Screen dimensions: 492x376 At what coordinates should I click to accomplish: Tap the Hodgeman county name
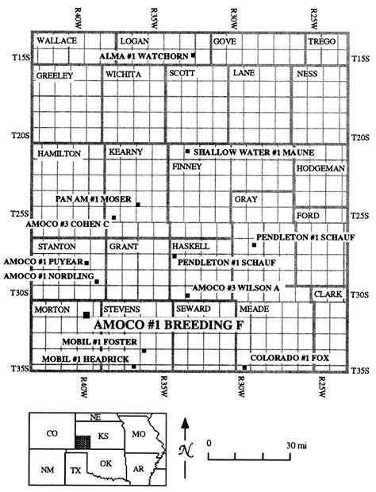pos(320,169)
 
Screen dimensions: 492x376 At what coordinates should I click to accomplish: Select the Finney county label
pos(186,167)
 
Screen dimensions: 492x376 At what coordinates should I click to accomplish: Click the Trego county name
pos(323,40)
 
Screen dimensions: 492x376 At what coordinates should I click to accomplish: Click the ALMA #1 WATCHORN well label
pos(144,56)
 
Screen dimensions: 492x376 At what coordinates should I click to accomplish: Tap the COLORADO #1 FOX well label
pos(290,359)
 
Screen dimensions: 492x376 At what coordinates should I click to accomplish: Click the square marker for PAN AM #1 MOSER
pos(138,205)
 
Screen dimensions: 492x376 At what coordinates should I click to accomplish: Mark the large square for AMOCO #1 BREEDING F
pos(86,316)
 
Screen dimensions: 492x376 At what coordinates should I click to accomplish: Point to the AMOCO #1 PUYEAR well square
pos(87,262)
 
